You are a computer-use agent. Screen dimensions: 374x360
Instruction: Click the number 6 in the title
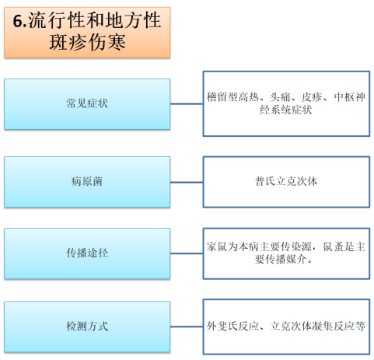(18, 21)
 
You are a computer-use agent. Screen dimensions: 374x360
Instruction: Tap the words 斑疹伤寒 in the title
(87, 42)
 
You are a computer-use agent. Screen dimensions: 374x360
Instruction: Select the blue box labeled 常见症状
(87, 104)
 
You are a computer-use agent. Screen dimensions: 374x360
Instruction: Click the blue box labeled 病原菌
(87, 182)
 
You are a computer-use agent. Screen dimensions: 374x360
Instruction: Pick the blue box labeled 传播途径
(87, 253)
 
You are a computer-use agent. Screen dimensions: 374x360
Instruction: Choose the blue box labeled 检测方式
(87, 327)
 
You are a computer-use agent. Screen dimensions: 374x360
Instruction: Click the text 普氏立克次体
(286, 181)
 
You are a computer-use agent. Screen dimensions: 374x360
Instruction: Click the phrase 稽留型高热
(232, 97)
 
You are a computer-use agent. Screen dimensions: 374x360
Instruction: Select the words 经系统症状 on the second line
(286, 110)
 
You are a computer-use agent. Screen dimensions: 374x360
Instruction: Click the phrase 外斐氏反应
(232, 326)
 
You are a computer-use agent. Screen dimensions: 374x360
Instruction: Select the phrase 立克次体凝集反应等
(318, 326)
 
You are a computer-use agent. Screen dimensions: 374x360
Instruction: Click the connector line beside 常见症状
(187, 104)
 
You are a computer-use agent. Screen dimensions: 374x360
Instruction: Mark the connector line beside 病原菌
(187, 182)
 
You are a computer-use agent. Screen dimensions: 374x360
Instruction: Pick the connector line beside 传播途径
(187, 253)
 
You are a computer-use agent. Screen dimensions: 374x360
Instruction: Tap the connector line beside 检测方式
(187, 327)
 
